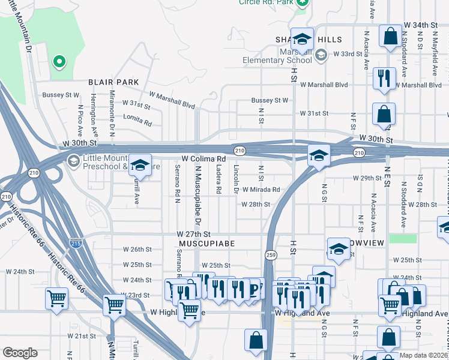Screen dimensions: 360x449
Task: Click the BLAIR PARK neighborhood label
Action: [x=113, y=82]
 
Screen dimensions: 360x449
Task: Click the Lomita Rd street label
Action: [x=139, y=120]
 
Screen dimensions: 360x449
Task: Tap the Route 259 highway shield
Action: [x=271, y=255]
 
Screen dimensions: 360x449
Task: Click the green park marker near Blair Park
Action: [x=59, y=61]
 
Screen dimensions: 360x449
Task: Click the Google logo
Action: [x=20, y=353]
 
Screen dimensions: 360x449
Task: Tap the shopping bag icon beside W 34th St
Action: [x=390, y=35]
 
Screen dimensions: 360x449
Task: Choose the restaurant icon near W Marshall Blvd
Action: [x=384, y=77]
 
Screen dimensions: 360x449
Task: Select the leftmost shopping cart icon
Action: [x=56, y=298]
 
